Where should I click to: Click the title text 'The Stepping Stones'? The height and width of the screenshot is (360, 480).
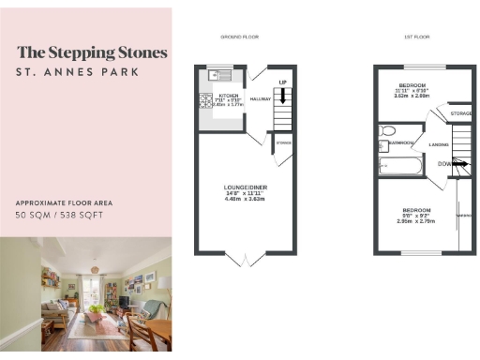tap(92, 52)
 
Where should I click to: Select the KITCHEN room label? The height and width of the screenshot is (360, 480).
tap(229, 96)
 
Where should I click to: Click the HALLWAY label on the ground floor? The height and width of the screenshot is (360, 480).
tap(261, 97)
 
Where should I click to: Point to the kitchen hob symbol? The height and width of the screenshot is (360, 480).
tap(204, 101)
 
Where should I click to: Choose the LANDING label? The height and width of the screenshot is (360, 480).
tap(438, 144)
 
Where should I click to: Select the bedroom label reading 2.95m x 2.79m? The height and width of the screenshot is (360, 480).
tap(416, 215)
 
